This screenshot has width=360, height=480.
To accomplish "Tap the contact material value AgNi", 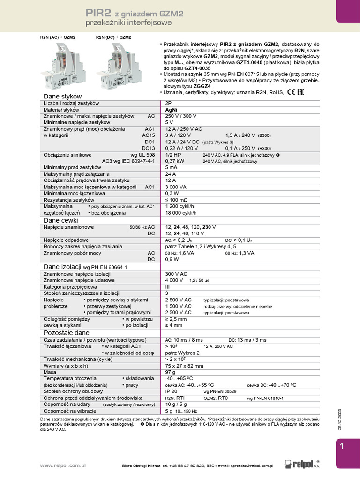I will pos(172,109).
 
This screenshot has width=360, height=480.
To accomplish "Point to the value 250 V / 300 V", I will pos(181,116).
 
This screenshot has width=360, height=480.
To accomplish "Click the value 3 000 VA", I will pos(176,187).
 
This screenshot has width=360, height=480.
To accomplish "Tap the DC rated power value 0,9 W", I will pos(172,259).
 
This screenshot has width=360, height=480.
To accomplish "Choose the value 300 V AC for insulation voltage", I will pos(176,274).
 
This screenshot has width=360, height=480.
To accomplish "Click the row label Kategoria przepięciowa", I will pos(70,286).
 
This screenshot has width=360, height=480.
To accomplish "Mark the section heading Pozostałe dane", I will pos(66,332).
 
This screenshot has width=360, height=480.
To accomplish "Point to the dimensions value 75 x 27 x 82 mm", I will pos(184,366).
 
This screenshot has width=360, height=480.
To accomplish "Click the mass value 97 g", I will pos(171,372).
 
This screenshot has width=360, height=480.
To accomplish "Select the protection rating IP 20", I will pos(172,391).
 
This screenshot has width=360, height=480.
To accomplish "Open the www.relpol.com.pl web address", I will pos(62,465).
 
